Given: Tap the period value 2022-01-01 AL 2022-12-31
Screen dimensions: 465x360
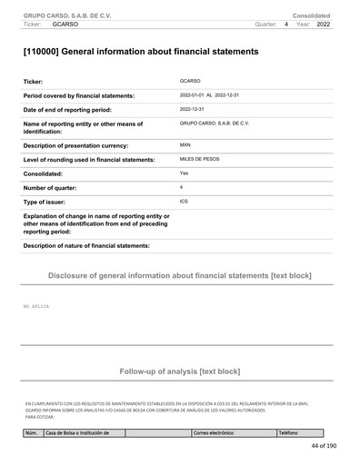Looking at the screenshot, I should [x=215, y=94].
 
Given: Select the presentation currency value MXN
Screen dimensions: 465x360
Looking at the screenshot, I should [x=186, y=144].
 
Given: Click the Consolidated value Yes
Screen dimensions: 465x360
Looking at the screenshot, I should [x=185, y=173].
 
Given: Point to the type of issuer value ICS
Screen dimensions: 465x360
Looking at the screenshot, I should [x=185, y=201].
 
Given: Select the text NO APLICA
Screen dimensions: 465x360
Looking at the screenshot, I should [x=36, y=307].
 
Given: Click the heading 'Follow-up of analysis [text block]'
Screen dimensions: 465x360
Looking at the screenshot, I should [x=179, y=371].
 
